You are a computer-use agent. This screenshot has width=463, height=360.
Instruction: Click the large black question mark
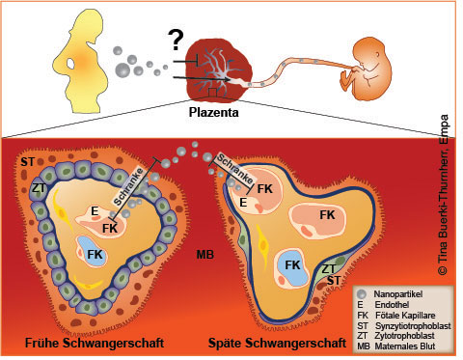(177, 40)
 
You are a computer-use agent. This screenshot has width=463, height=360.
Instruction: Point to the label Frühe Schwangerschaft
(81, 342)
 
